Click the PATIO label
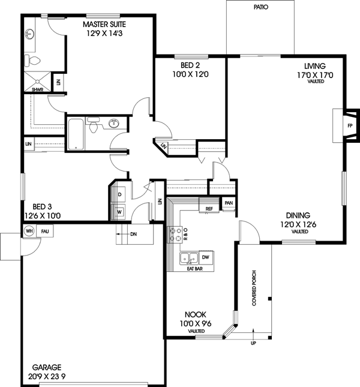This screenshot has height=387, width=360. [261, 8]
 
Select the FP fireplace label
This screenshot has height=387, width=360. [349, 126]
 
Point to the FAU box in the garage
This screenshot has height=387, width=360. [45, 230]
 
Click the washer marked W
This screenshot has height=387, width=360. [120, 211]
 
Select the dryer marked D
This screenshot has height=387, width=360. [120, 195]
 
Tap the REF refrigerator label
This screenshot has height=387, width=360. [209, 209]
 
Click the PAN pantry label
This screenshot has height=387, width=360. [228, 203]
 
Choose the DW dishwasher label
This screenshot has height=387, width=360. [205, 258]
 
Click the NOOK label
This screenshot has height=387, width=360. [196, 314]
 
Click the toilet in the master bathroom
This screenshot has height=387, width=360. [33, 60]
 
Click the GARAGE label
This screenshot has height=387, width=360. [46, 368]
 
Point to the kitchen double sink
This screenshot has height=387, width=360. [190, 258]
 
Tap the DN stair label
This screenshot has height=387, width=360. [133, 234]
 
